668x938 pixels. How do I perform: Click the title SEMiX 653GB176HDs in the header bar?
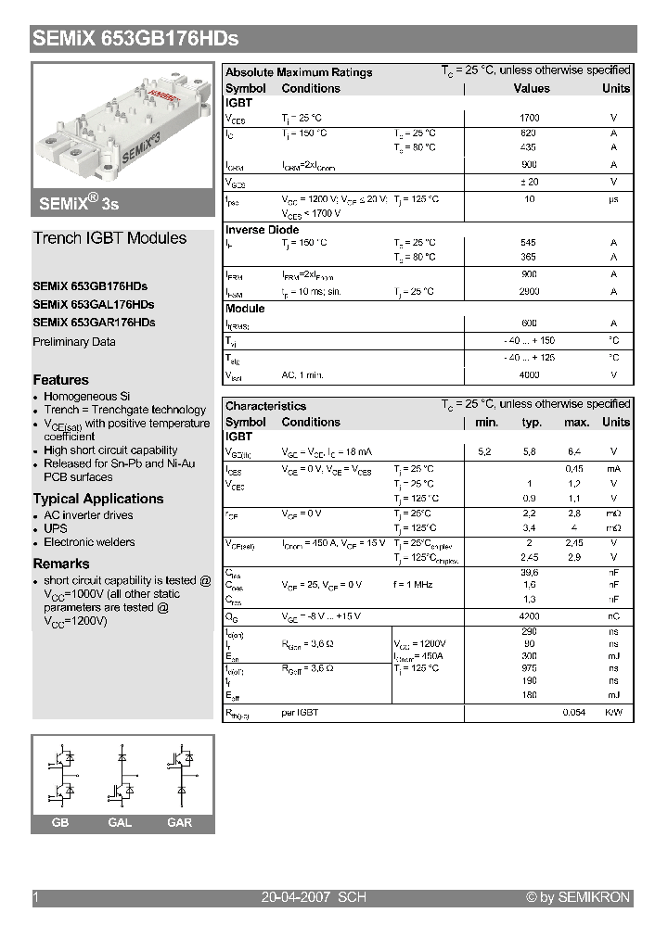click(136, 39)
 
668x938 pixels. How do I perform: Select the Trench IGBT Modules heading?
click(109, 238)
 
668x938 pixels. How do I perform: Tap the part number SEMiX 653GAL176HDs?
click(94, 305)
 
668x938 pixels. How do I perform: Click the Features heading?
click(61, 380)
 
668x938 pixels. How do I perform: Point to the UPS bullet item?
click(56, 529)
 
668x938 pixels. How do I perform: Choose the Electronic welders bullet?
click(89, 542)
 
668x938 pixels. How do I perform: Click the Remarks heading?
click(61, 564)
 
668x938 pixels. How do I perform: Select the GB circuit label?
click(60, 823)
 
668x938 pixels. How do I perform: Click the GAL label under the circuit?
click(120, 823)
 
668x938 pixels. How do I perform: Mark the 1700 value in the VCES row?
click(529, 119)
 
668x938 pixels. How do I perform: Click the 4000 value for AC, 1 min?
click(529, 375)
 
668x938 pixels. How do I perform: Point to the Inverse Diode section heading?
click(263, 230)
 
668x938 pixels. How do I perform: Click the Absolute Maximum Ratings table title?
click(299, 72)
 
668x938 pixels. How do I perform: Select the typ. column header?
click(532, 423)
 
